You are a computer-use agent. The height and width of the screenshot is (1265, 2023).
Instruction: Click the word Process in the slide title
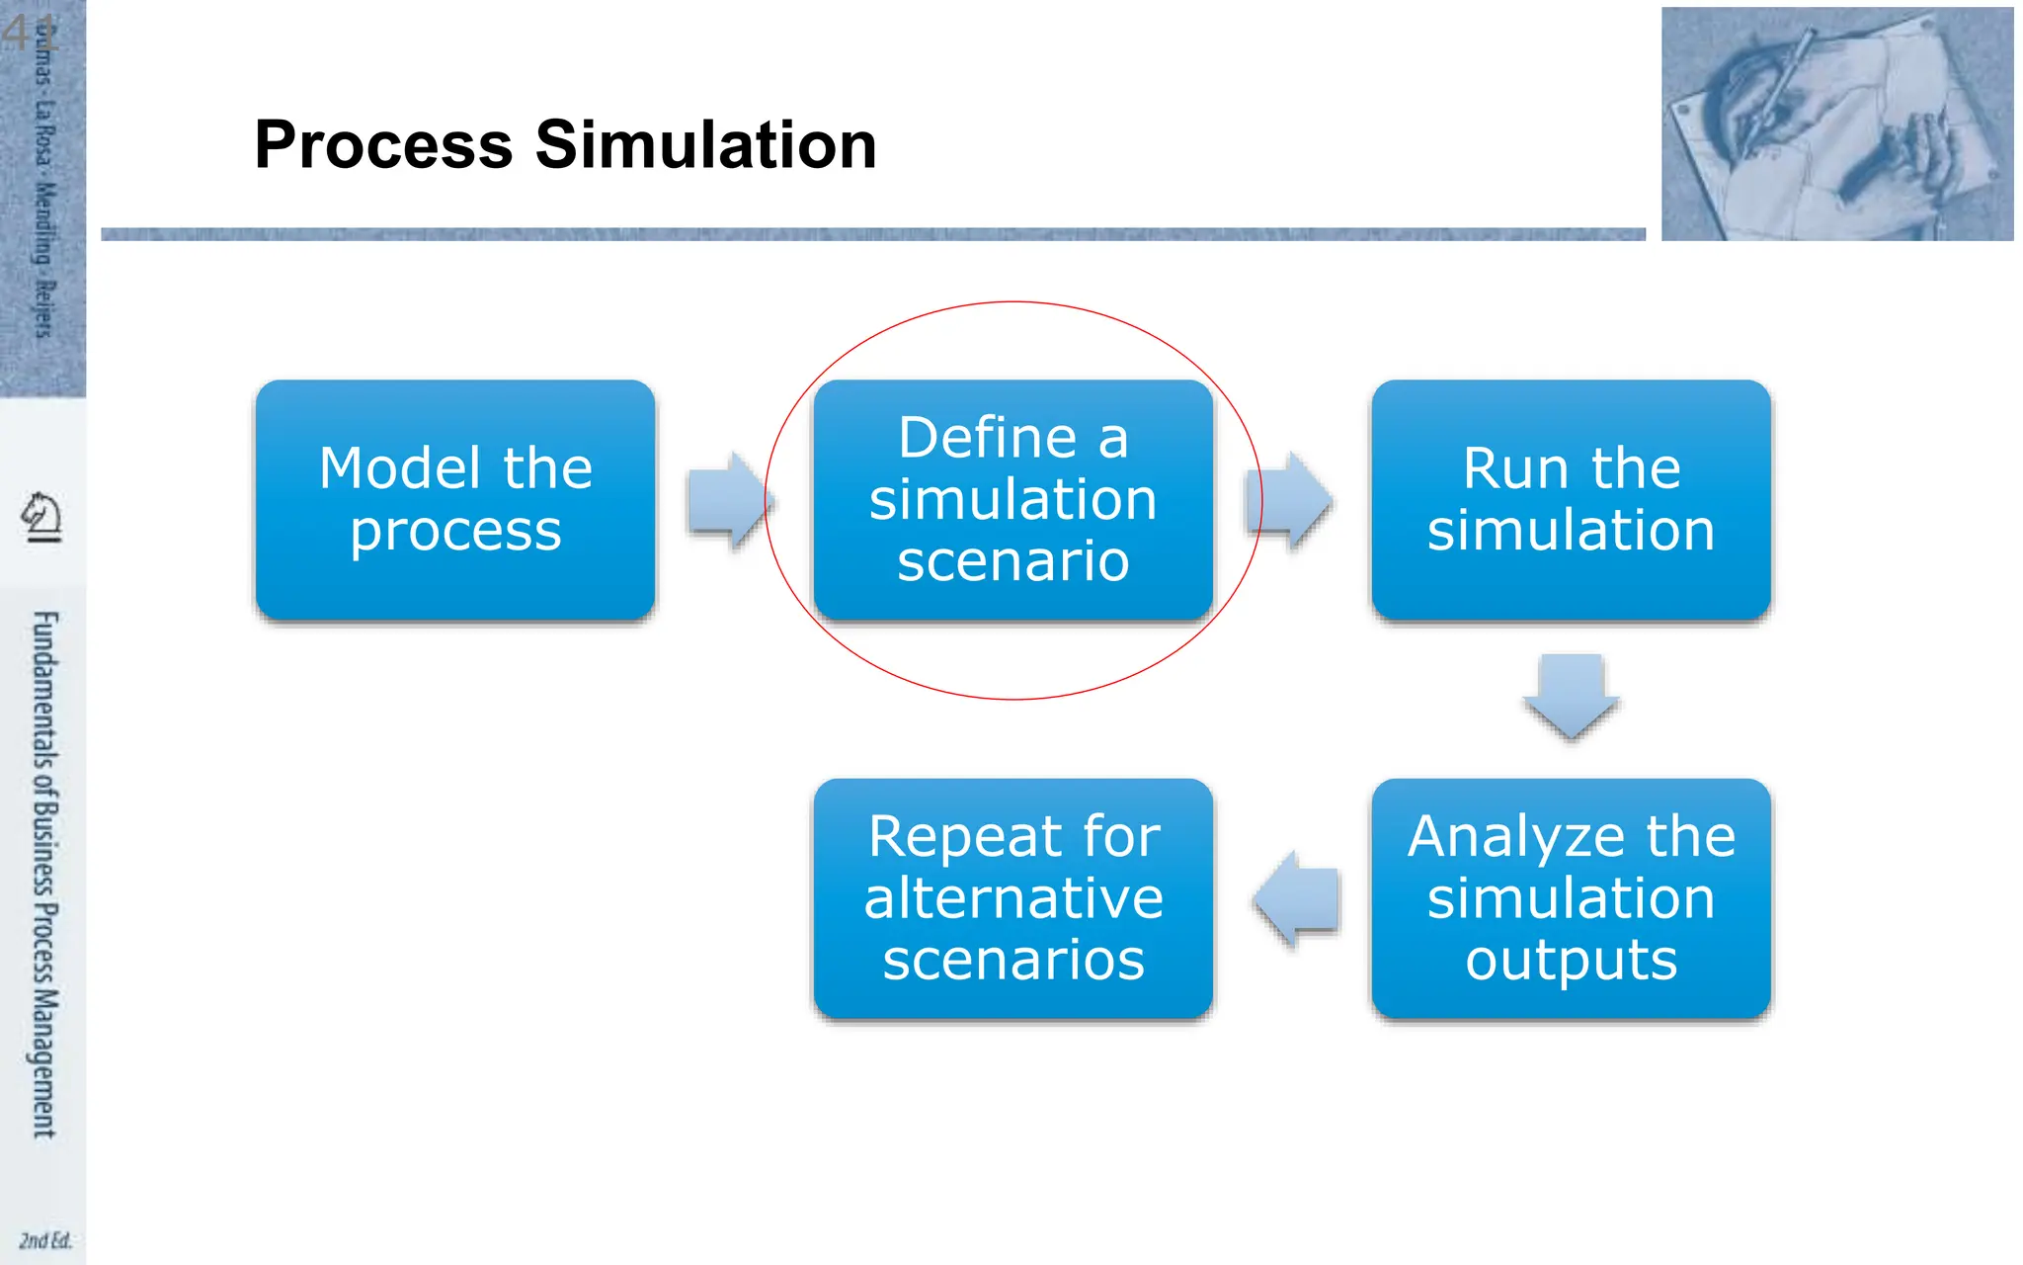pos(383,145)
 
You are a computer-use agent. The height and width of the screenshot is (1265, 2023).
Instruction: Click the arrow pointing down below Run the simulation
pos(1571,695)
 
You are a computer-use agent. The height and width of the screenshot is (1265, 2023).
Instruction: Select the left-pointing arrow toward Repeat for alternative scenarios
pos(1298,899)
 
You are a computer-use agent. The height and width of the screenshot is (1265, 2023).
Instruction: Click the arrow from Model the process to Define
pos(729,500)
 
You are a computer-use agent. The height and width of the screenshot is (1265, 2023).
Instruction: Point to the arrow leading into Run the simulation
pos(1292,500)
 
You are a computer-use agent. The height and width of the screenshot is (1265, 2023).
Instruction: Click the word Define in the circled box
pos(987,438)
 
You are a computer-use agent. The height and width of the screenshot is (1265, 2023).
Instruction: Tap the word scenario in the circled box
pos(1013,561)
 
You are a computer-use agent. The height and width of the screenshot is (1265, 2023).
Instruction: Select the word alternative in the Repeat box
pos(1013,898)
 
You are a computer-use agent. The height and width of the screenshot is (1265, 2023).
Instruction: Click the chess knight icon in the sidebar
pos(42,517)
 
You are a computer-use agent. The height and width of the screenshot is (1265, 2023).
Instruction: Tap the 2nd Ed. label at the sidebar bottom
pos(45,1240)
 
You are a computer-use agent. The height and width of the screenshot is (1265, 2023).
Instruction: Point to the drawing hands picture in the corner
pos(1836,125)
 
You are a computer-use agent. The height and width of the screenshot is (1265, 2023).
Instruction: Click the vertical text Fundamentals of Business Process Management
pos(44,874)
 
